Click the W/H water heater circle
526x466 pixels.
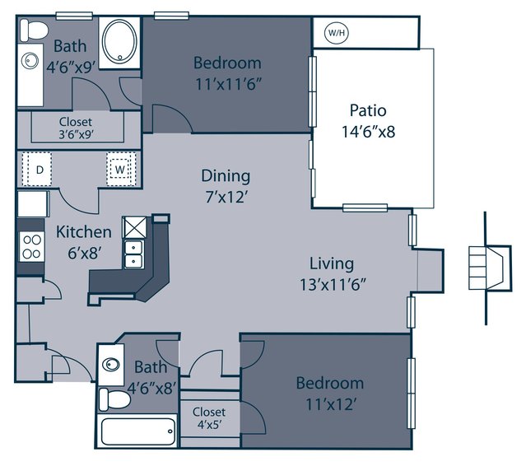(x=337, y=33)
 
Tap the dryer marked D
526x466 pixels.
(x=40, y=169)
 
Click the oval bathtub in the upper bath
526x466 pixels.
(x=119, y=42)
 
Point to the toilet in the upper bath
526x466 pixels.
(x=32, y=30)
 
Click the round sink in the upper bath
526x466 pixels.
(x=30, y=61)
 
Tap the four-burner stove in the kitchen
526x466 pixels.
(x=32, y=247)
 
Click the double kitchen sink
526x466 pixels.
(x=134, y=254)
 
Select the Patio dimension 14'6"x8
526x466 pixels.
(x=368, y=132)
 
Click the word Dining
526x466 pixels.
(x=226, y=176)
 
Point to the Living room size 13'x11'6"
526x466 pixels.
(x=333, y=285)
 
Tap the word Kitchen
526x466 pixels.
(x=83, y=232)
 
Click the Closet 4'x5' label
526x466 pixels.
(x=209, y=418)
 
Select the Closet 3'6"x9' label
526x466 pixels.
(x=76, y=128)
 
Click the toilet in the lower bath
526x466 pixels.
(x=114, y=399)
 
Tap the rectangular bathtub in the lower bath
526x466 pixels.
(x=137, y=431)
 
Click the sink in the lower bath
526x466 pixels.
(x=111, y=365)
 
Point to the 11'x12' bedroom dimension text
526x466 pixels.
(x=330, y=404)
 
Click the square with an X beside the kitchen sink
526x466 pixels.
(x=134, y=227)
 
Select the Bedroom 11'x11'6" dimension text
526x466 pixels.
(x=228, y=84)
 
